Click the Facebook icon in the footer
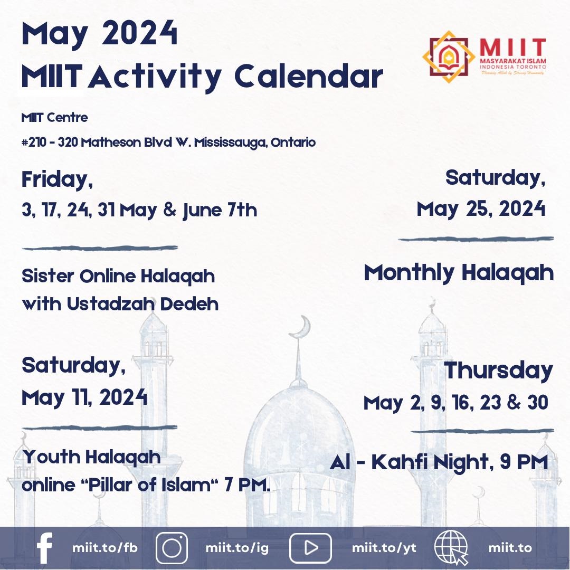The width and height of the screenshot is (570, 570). click(45, 548)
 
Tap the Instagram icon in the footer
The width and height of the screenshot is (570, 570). click(172, 548)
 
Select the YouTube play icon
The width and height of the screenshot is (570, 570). click(310, 548)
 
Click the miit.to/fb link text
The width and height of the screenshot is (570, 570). click(104, 548)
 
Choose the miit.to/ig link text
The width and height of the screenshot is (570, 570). click(237, 548)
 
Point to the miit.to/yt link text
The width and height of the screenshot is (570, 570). click(384, 548)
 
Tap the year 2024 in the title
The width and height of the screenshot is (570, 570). click(140, 35)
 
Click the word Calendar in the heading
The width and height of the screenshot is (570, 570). click(308, 77)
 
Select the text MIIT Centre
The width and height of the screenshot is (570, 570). click(54, 118)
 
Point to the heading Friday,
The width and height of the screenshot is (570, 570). click(57, 179)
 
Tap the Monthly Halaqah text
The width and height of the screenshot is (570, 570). click(459, 273)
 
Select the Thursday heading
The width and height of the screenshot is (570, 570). click(498, 370)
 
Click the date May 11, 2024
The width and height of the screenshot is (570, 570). click(84, 397)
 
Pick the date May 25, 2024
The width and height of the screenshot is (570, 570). click(481, 209)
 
